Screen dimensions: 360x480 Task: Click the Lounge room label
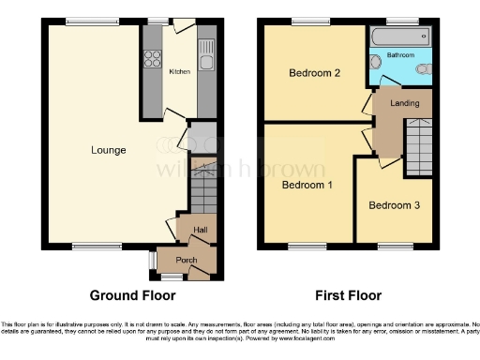(109, 149)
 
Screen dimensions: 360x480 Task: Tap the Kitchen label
(178, 71)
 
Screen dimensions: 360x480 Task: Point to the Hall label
(200, 230)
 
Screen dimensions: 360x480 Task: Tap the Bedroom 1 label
(308, 185)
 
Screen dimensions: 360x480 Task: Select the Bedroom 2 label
(313, 72)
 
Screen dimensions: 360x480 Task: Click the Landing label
(404, 103)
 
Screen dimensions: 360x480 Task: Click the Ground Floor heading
(132, 295)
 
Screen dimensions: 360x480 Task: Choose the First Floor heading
(348, 295)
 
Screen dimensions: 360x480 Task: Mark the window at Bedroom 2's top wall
(306, 22)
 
